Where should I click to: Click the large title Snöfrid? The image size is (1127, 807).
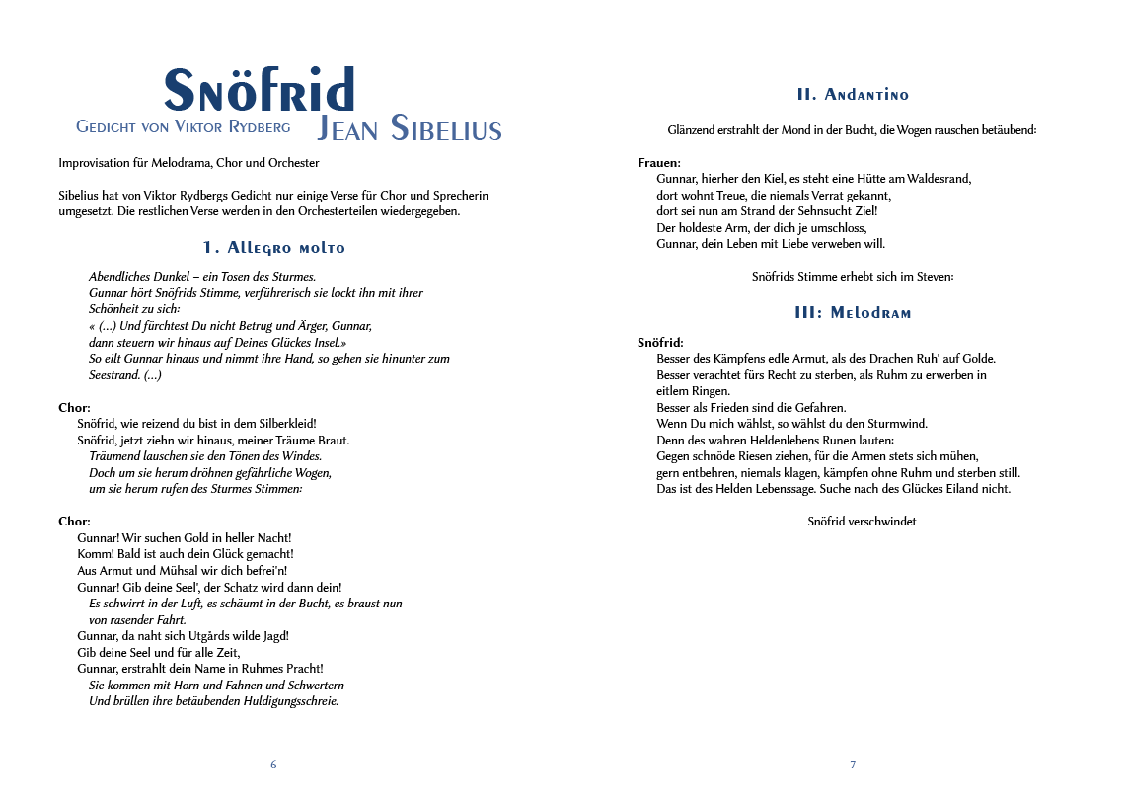(x=259, y=91)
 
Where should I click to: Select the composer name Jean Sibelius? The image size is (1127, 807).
(x=409, y=128)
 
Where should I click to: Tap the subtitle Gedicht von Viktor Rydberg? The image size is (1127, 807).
(x=184, y=126)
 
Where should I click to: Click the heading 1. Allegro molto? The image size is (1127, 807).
(x=273, y=247)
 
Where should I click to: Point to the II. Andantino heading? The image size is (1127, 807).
(x=853, y=95)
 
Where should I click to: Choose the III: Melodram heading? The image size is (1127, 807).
(x=853, y=313)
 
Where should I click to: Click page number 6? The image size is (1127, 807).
(x=273, y=765)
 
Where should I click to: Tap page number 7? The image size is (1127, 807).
(x=853, y=765)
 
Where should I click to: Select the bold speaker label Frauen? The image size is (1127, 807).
(x=659, y=163)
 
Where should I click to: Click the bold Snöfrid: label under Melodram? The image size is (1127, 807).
(x=660, y=343)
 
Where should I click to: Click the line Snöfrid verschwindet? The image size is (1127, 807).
(x=862, y=521)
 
